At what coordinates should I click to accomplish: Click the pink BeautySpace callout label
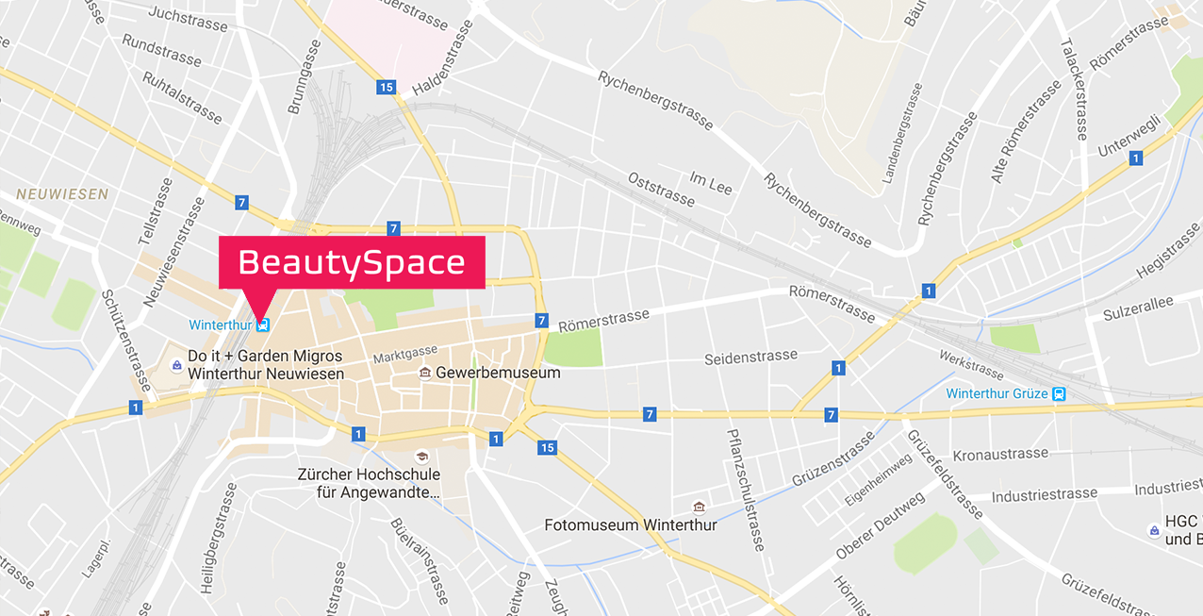coord(352,262)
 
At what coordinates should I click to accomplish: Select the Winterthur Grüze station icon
coord(1059,393)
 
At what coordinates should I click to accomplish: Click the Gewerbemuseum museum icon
coord(425,373)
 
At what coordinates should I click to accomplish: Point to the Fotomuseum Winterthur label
coord(631,525)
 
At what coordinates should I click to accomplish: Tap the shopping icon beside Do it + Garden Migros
coord(176,364)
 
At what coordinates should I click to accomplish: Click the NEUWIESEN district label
coord(61,194)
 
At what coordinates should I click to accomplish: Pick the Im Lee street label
coord(711,182)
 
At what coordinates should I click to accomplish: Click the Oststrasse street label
coord(661,189)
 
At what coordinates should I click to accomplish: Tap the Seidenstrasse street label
coord(750,358)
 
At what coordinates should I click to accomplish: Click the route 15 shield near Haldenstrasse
coord(385,88)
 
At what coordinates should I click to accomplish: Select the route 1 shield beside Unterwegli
coord(1135,158)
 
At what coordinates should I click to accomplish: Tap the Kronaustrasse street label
coord(1000,454)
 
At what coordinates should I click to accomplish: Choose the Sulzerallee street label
coord(1139,307)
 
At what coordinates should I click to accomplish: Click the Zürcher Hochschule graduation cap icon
coord(421,457)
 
